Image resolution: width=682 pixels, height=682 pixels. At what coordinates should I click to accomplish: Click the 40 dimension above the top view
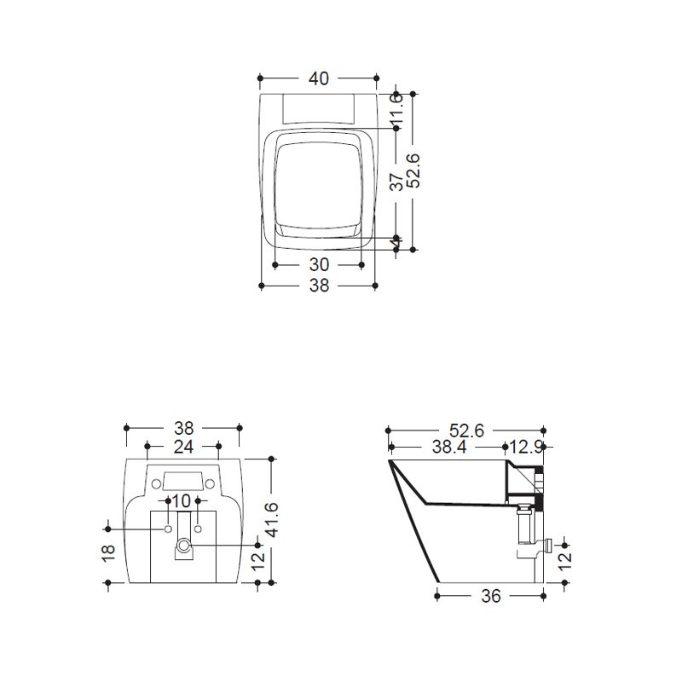318,78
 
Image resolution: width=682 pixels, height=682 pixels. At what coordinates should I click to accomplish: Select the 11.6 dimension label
396,111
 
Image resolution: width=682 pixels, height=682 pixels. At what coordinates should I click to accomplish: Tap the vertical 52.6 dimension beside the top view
413,170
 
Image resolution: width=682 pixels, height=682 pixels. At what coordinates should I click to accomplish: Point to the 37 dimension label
396,182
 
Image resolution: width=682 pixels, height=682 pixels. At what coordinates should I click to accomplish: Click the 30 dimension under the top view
319,264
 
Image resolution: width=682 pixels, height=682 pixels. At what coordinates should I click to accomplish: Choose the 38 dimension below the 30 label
319,286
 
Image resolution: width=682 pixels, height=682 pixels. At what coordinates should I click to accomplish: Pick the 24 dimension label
183,447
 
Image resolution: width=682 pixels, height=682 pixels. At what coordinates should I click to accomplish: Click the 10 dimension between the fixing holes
182,501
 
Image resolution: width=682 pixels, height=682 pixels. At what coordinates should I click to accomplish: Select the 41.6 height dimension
272,520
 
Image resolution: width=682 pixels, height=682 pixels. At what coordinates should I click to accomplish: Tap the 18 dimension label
108,552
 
